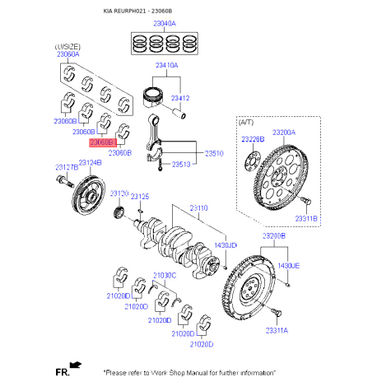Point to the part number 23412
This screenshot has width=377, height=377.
click(x=181, y=98)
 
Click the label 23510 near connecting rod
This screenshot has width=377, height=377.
click(x=214, y=153)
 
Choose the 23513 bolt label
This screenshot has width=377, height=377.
click(x=181, y=165)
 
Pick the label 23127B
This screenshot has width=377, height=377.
click(x=66, y=167)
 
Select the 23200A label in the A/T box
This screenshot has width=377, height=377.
click(x=286, y=132)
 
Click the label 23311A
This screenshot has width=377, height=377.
click(x=277, y=330)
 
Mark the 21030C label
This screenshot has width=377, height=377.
click(x=163, y=274)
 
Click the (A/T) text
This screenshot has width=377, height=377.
click(x=246, y=122)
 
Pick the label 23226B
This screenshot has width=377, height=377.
click(x=253, y=140)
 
